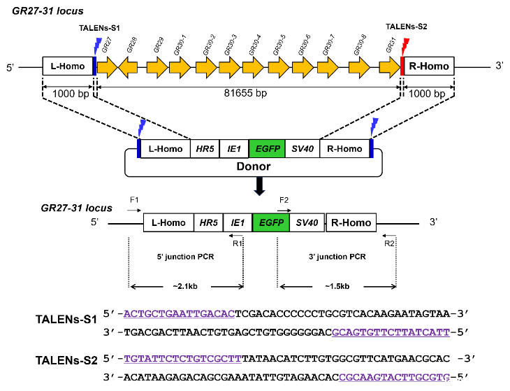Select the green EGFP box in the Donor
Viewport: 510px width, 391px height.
(266, 149)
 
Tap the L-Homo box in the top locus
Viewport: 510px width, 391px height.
(68, 67)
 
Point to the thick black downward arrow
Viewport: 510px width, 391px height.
(259, 186)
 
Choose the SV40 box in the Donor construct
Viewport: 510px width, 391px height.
(302, 149)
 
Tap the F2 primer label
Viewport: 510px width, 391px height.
(284, 200)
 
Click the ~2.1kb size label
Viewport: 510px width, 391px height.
(185, 286)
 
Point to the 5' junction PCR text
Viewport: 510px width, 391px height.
(185, 256)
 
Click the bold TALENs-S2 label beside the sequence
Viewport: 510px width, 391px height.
(67, 361)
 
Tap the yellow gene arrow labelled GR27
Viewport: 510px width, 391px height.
(107, 67)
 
